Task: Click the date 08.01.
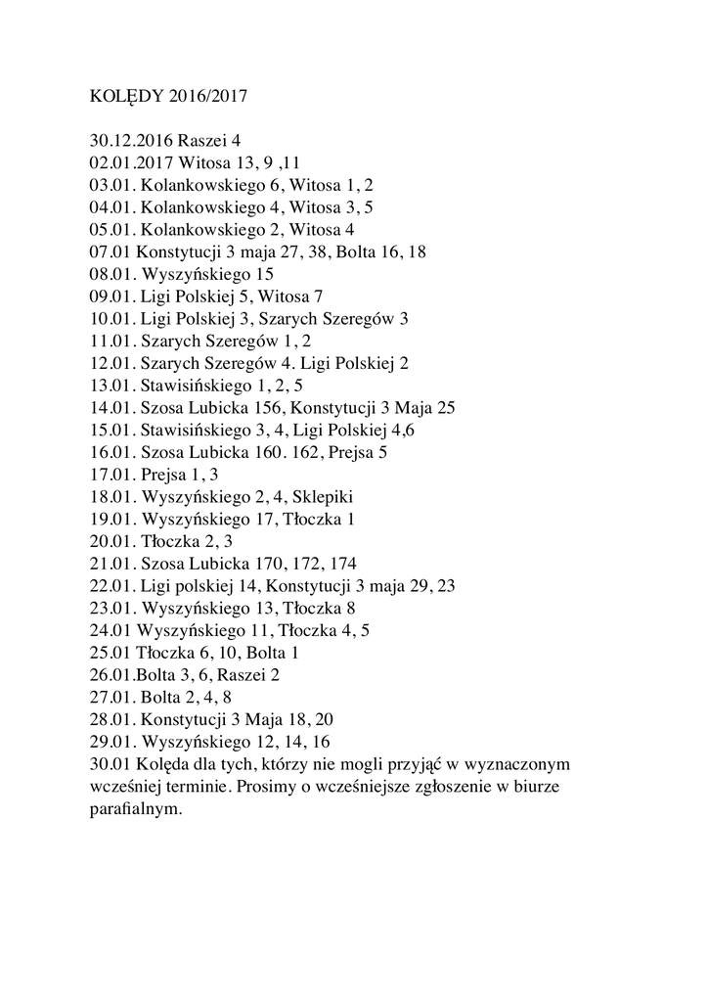[112, 274]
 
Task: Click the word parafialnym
[135, 808]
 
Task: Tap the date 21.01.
[112, 563]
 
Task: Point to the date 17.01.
[112, 474]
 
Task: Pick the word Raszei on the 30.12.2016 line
[203, 140]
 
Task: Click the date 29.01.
[112, 741]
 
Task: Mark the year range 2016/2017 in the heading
[208, 97]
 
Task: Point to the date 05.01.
[112, 229]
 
